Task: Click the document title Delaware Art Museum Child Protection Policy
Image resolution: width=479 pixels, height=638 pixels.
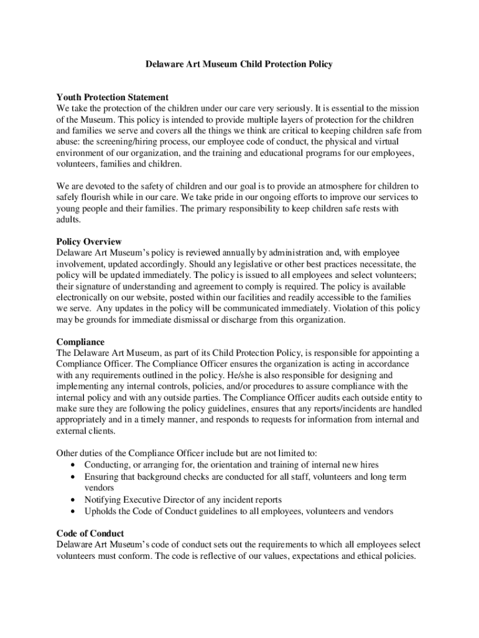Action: point(240,64)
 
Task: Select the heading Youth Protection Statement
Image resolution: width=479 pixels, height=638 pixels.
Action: point(113,97)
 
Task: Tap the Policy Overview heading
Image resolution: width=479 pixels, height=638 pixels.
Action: point(89,242)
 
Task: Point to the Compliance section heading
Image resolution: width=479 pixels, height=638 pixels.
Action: point(80,342)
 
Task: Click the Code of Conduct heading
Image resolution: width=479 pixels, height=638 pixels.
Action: point(90,533)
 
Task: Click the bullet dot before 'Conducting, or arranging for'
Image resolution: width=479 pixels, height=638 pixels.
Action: point(75,465)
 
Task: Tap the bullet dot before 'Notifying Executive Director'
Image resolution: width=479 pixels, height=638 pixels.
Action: point(75,500)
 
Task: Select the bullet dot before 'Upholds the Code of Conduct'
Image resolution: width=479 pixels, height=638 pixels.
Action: point(75,512)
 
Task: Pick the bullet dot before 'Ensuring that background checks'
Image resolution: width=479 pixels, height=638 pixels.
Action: point(75,477)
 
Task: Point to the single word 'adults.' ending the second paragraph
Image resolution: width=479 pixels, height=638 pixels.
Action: point(68,220)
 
